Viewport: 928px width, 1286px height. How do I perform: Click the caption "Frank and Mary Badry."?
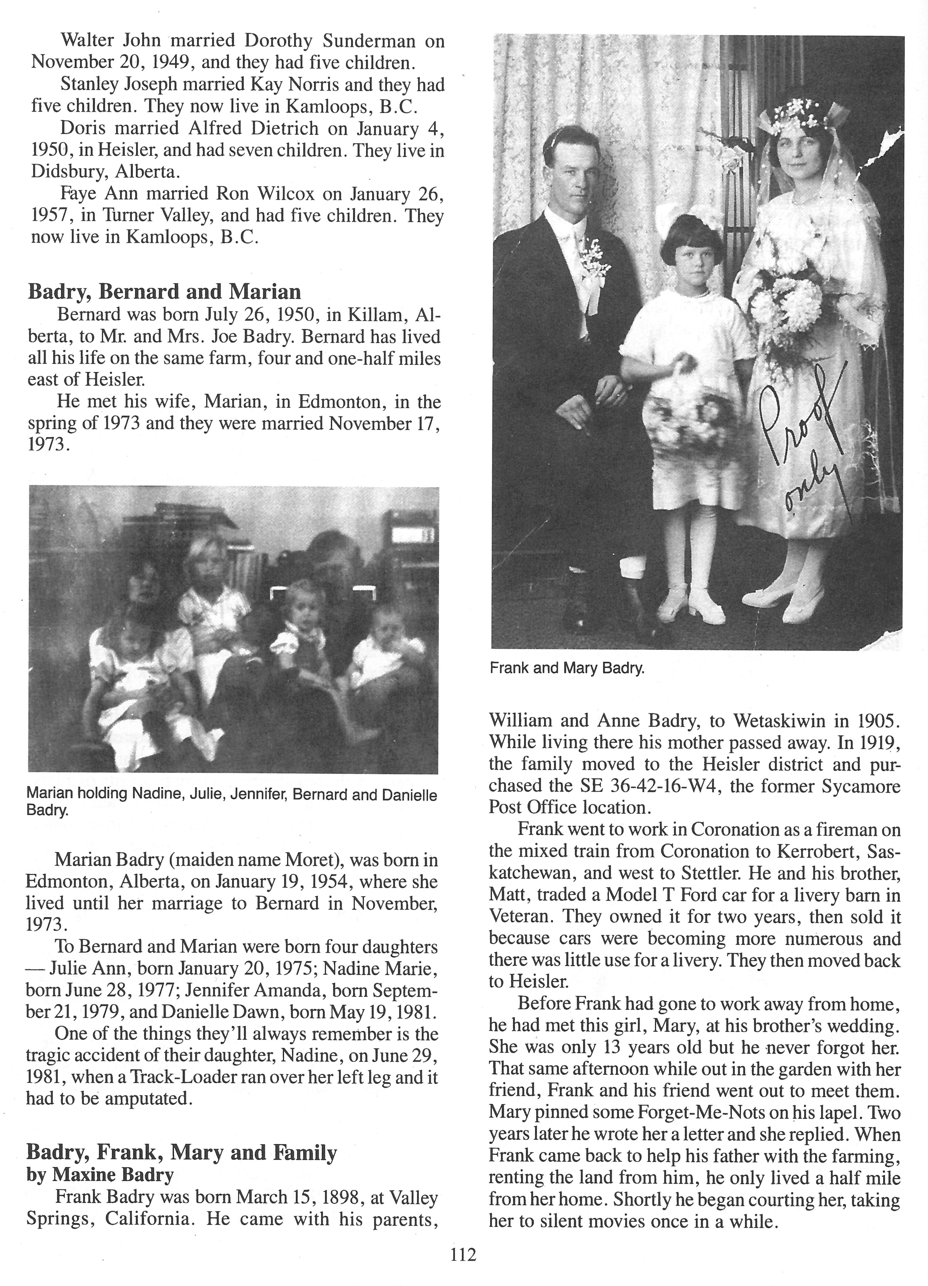(x=567, y=668)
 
